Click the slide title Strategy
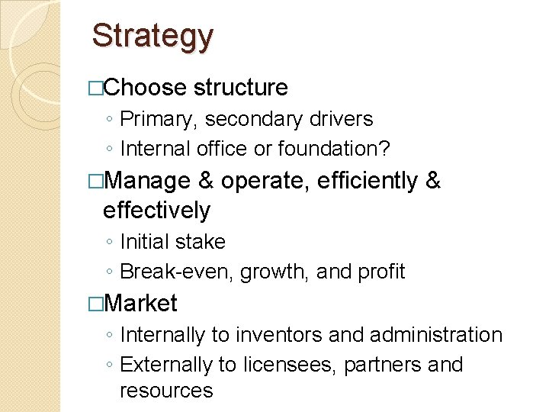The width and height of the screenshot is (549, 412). tap(152, 36)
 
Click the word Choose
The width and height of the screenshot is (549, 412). tap(144, 88)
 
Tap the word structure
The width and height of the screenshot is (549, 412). tap(241, 88)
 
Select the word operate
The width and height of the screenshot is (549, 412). tap(265, 182)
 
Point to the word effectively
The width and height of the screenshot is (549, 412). tap(156, 210)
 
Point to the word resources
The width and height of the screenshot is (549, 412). tap(166, 391)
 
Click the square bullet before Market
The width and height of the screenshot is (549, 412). tap(95, 304)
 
